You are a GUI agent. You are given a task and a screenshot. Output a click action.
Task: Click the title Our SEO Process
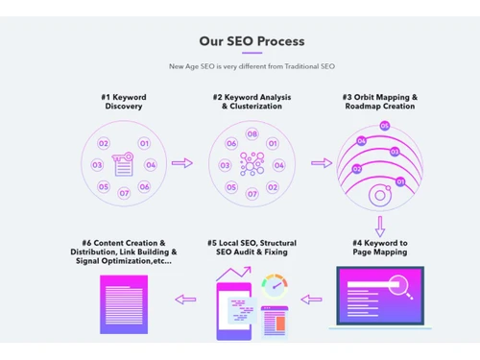pos(252,41)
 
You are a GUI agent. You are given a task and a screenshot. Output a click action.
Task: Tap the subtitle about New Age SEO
pos(252,66)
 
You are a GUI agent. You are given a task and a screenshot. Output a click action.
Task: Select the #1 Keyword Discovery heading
pos(123,102)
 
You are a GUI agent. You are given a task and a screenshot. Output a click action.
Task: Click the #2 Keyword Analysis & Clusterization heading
pos(252,102)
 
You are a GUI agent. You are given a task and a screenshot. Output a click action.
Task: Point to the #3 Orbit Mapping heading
pos(380,102)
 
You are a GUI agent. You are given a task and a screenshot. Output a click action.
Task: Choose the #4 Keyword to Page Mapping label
pos(379,248)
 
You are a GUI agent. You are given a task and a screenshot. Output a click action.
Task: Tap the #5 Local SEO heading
pos(252,248)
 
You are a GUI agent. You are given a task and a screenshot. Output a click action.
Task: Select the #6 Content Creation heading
pos(123,252)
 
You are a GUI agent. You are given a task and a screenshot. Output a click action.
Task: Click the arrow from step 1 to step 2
pos(182,164)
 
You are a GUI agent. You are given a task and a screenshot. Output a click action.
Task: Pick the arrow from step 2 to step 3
pos(322,164)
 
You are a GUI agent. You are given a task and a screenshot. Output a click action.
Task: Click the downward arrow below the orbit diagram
pos(380,226)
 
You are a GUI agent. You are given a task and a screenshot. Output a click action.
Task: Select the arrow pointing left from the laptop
pos(312,300)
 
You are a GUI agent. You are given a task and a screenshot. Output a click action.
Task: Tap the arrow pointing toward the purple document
pos(185,300)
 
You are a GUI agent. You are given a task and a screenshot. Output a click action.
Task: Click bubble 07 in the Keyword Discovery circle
pos(124,193)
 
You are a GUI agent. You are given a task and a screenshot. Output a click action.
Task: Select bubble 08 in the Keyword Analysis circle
pos(252,134)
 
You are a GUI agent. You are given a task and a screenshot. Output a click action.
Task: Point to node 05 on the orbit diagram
pos(385,126)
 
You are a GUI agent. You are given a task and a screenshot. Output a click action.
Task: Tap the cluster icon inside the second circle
pos(252,164)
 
